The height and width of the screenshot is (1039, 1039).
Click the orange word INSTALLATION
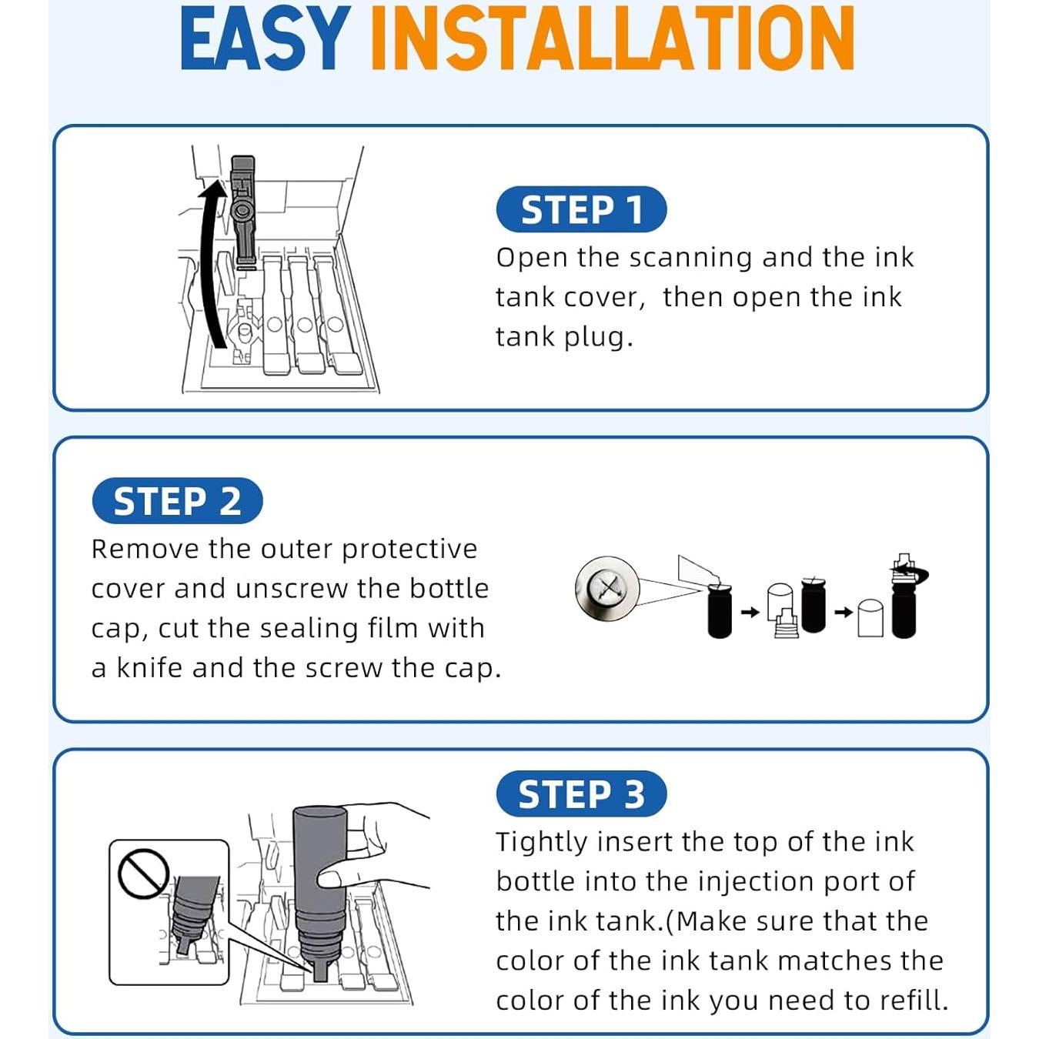point(613,38)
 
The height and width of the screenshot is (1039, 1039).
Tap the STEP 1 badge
point(581,209)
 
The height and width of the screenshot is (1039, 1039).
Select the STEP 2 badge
point(177,500)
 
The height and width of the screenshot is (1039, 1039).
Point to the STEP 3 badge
point(581,793)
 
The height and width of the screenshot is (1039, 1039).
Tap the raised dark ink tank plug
point(243,208)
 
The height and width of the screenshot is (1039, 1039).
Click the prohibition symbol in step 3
point(143,874)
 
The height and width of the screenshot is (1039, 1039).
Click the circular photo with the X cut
point(607,589)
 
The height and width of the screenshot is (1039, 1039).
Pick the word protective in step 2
point(409,550)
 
